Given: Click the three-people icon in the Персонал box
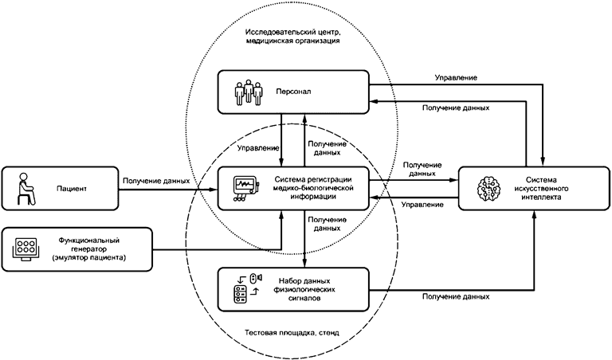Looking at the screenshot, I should pyautogui.click(x=249, y=92).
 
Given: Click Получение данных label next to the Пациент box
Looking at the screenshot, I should pyautogui.click(x=156, y=182).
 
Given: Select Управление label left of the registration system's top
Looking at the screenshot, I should pyautogui.click(x=258, y=148).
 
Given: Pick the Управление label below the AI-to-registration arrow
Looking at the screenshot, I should pyautogui.click(x=422, y=205).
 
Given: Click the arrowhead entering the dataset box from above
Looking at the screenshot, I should pyautogui.click(x=306, y=265).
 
